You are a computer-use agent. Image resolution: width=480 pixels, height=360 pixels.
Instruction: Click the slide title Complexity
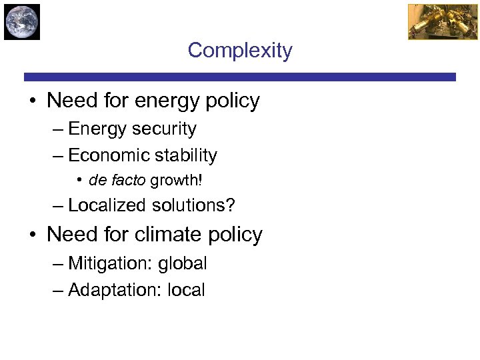click(x=240, y=51)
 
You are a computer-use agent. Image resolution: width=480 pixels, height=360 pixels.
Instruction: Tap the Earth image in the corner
click(x=22, y=22)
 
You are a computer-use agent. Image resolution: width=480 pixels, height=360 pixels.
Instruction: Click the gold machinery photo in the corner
click(x=433, y=22)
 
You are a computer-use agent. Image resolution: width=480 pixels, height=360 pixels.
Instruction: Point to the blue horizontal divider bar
click(x=240, y=77)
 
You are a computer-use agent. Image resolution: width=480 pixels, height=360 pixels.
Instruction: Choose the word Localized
click(x=107, y=205)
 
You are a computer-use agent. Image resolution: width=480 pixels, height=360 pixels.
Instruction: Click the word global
click(x=183, y=264)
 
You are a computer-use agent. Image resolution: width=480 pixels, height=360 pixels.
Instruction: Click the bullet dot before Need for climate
click(x=32, y=235)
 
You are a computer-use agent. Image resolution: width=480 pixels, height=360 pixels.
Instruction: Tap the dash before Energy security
click(x=58, y=129)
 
